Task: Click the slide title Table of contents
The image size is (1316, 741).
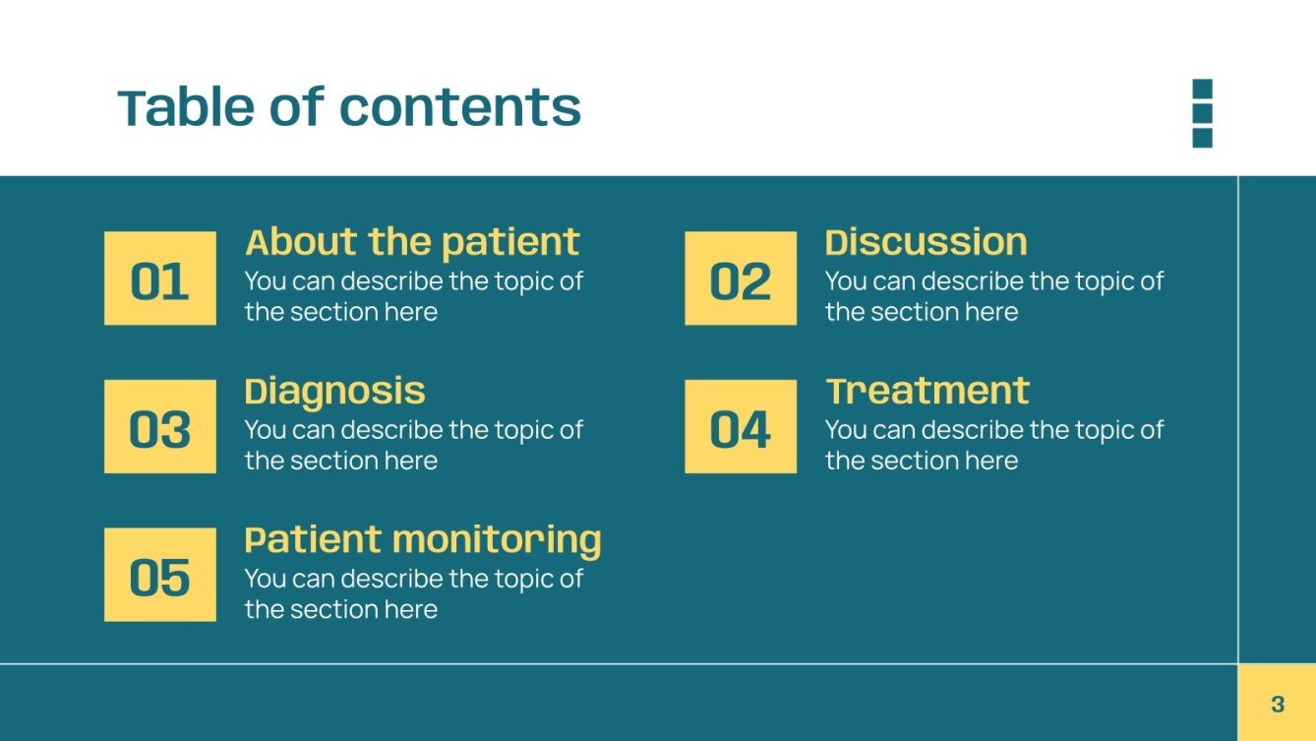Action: point(349,107)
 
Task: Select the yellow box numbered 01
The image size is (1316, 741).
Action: point(160,278)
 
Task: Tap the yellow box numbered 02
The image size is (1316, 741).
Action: point(741,278)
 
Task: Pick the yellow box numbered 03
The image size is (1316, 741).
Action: point(160,427)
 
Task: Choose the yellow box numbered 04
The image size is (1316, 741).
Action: point(741,427)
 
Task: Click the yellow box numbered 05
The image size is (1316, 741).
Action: point(160,575)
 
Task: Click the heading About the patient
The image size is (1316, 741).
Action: point(412,242)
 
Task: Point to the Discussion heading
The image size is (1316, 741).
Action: point(926,242)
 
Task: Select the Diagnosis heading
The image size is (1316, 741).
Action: point(334,391)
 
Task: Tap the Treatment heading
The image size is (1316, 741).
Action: point(927,391)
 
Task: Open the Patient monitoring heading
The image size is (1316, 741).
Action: point(422,539)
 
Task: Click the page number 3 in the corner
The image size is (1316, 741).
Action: point(1277,704)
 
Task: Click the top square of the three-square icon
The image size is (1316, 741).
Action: point(1202,89)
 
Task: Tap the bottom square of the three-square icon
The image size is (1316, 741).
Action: point(1202,138)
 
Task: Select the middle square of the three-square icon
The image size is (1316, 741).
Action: point(1202,113)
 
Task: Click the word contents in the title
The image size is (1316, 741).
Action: point(459,107)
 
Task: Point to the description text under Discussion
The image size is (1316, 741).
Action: point(993,296)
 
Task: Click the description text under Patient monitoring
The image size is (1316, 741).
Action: point(413,593)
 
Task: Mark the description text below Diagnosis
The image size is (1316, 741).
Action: point(413,445)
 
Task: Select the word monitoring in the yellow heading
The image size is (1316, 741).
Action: point(496,539)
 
